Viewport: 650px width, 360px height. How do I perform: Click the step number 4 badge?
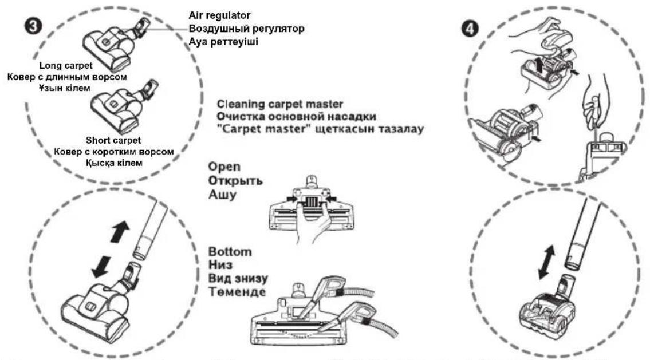[x=470, y=29]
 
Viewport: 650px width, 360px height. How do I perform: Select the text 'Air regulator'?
[x=219, y=16]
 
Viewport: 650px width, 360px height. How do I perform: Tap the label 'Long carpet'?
[x=66, y=65]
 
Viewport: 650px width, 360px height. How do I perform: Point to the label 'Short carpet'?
[x=113, y=140]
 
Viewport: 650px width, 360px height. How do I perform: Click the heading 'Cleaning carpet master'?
[x=280, y=104]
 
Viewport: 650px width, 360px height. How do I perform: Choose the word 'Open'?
[x=224, y=167]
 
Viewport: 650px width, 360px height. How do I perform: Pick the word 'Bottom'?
[x=230, y=251]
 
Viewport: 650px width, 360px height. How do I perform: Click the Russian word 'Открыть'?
[x=235, y=181]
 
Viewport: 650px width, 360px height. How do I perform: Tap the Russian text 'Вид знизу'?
[x=238, y=278]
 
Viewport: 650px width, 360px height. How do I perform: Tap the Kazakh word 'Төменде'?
[x=237, y=292]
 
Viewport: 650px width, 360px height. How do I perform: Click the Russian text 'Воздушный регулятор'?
[x=247, y=29]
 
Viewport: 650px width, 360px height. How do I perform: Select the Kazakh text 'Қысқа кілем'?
[x=114, y=163]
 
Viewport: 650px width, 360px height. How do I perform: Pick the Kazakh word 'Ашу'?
[x=222, y=195]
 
